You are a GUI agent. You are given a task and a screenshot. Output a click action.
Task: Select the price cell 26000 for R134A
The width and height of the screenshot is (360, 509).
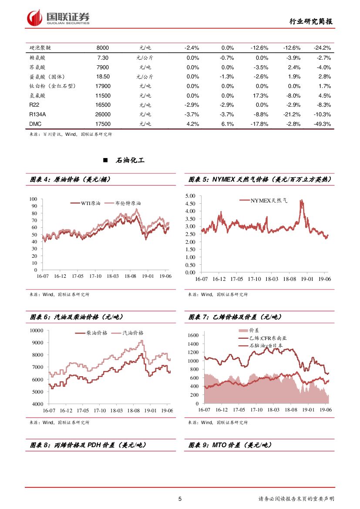coord(103,115)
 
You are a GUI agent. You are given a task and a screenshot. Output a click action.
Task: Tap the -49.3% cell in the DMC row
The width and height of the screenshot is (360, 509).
coord(322,124)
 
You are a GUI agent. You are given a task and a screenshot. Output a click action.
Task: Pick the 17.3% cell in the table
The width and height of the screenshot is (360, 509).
coord(260,95)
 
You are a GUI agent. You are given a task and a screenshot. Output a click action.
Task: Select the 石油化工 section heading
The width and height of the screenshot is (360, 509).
coord(130,161)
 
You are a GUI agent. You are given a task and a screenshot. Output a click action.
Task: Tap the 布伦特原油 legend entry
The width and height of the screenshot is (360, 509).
coord(128,203)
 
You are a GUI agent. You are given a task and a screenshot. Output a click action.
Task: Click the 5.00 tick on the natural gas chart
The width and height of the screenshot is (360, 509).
coord(190,196)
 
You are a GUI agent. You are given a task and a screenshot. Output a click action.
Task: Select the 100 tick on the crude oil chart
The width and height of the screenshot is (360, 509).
coord(34,199)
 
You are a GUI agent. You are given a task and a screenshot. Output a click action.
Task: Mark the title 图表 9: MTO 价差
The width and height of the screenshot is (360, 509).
coord(230,445)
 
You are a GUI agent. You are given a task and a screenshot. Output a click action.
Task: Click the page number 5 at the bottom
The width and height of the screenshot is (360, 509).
coord(180,499)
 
